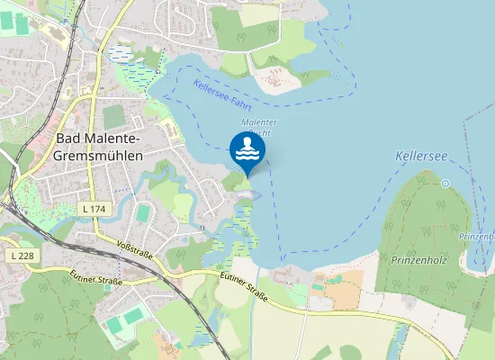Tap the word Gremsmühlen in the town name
click(x=97, y=155)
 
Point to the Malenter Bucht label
click(x=258, y=127)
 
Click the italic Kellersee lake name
click(x=420, y=157)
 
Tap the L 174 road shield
click(x=93, y=209)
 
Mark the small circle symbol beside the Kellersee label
click(x=445, y=184)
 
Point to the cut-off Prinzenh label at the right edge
click(x=476, y=236)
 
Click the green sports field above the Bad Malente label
click(x=114, y=115)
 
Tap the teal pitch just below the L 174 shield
click(x=143, y=214)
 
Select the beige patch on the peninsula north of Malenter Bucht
click(x=275, y=80)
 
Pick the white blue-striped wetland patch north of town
click(x=121, y=54)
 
